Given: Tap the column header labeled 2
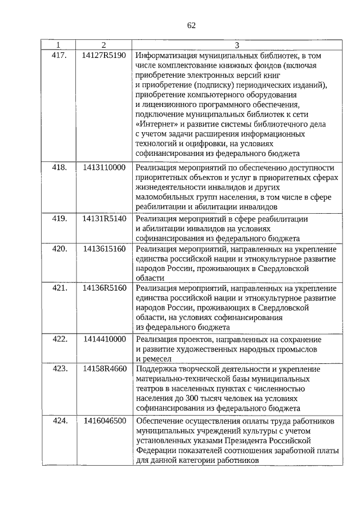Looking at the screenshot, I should (x=103, y=44).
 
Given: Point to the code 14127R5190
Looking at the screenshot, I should (x=103, y=55).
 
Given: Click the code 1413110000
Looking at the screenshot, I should (x=103, y=168).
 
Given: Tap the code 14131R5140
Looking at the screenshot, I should (x=103, y=218).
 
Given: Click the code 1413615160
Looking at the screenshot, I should (x=103, y=248).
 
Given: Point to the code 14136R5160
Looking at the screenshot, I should (x=103, y=288).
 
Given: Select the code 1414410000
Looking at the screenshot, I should (x=103, y=339).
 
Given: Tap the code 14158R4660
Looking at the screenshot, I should (x=103, y=369).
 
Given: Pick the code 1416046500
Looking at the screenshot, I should (x=103, y=420).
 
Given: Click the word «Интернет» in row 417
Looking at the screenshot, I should (x=155, y=124).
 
